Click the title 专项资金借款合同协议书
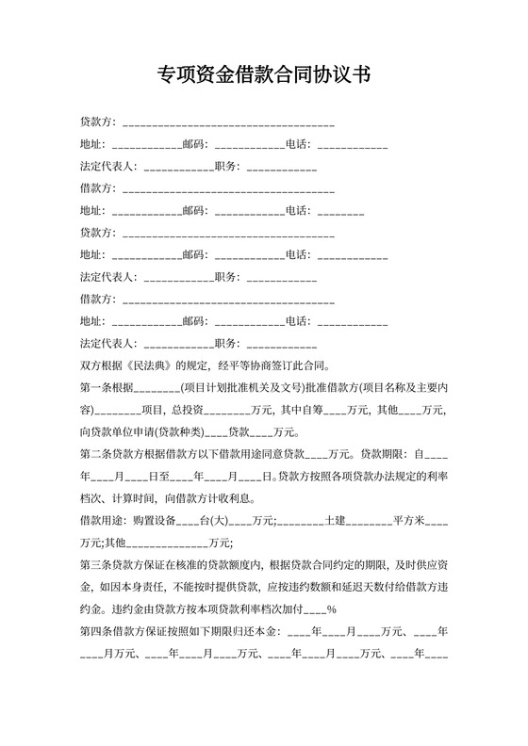(x=263, y=76)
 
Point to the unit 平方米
(x=409, y=521)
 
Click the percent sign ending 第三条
(x=333, y=608)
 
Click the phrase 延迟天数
(x=366, y=587)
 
